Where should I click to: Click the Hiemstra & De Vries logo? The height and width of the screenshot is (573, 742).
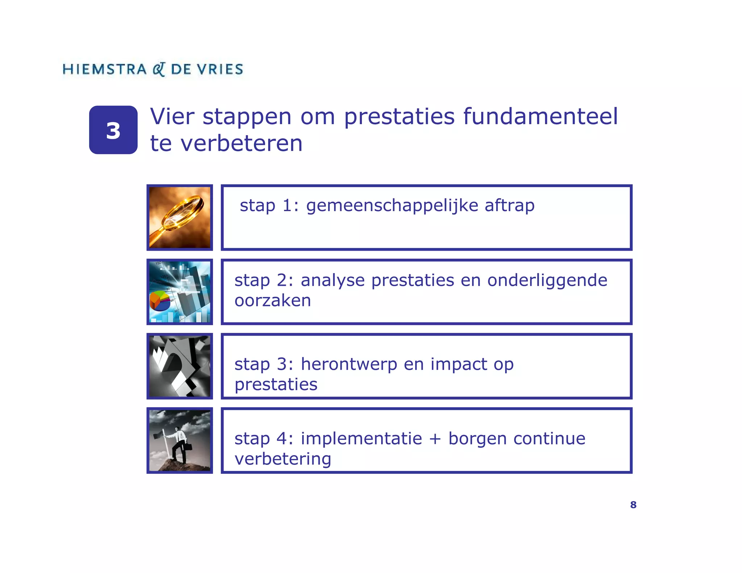(153, 69)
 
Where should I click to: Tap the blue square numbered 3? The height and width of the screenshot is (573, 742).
(113, 130)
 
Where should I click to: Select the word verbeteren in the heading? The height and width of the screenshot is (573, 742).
(241, 143)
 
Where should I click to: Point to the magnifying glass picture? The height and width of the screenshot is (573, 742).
(180, 217)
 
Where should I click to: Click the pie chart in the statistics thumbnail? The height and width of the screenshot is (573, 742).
(160, 300)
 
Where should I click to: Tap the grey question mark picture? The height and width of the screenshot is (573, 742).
(180, 366)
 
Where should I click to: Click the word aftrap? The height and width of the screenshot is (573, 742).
(509, 205)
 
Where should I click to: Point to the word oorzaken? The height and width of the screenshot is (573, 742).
(272, 301)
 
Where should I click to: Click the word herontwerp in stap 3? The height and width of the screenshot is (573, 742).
(349, 364)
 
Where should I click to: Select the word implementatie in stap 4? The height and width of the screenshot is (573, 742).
(361, 439)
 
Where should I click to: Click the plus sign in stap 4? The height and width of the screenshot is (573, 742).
(435, 439)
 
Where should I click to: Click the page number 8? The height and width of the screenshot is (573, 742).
(633, 505)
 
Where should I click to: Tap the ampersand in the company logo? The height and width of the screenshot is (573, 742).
(159, 69)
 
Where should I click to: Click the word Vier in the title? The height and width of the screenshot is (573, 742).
(172, 117)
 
